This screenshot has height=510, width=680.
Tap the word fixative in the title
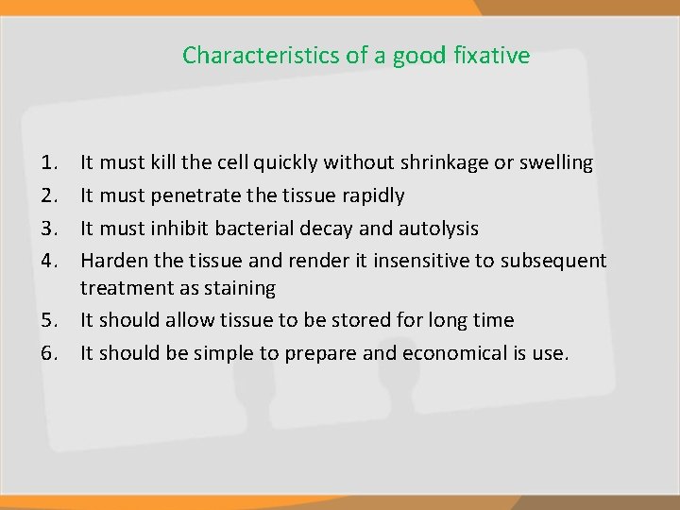[x=491, y=55]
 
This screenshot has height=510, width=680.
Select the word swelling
[x=556, y=163]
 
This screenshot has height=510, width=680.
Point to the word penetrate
[x=198, y=196]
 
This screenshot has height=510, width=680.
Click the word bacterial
[x=255, y=229]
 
